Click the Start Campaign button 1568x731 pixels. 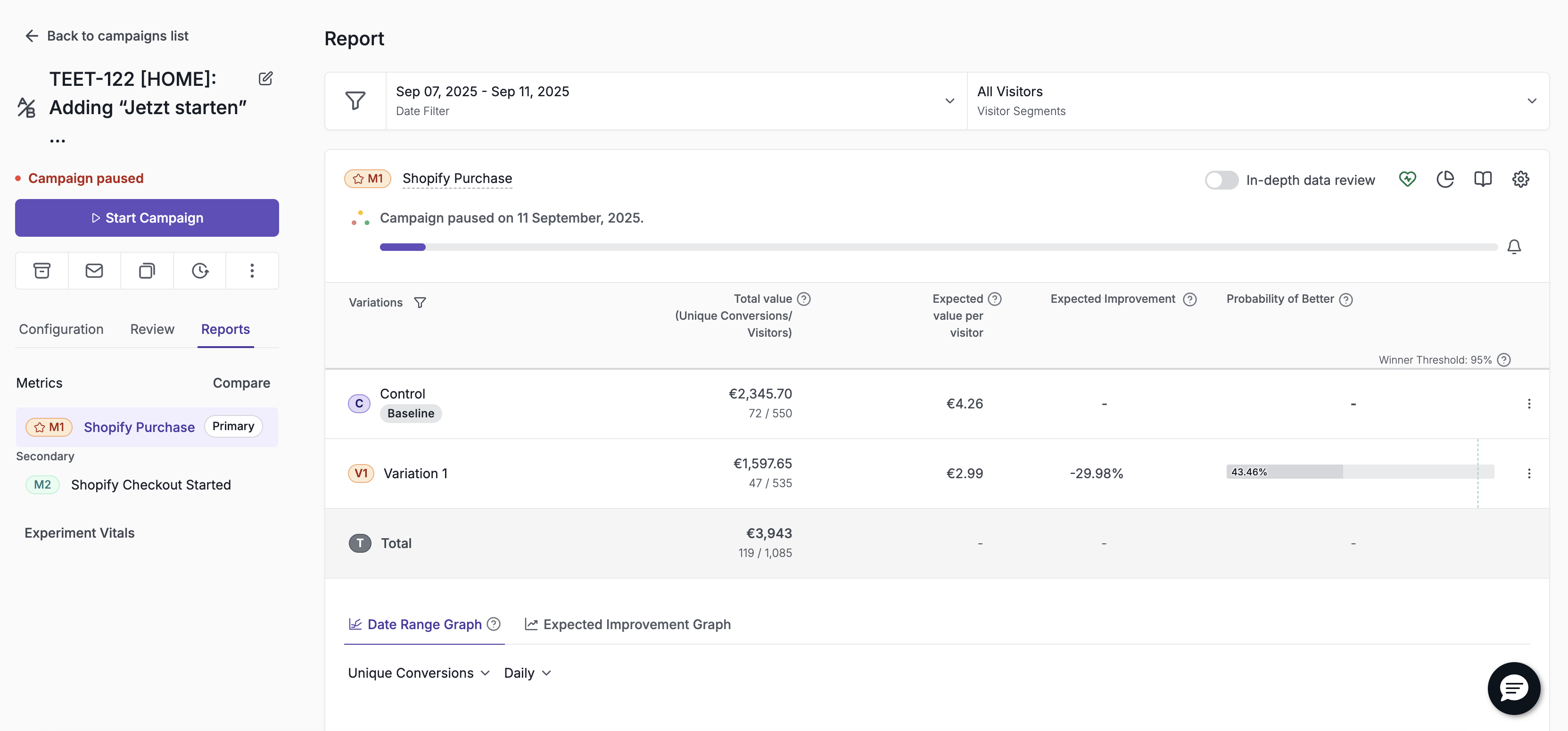point(147,217)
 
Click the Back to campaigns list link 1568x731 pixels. point(107,36)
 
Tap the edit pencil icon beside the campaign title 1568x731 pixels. point(265,79)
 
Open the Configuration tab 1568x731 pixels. point(61,329)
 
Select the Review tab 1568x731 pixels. point(152,329)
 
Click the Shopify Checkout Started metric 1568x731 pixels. point(151,485)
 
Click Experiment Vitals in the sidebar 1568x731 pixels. point(79,533)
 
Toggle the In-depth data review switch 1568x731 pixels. point(1221,180)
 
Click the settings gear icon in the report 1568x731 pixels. point(1520,179)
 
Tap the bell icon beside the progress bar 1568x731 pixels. point(1514,247)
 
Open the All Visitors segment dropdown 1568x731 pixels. point(1258,101)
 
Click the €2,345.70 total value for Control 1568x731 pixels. point(760,394)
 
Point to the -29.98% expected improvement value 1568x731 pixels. point(1096,473)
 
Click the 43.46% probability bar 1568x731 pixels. point(1360,472)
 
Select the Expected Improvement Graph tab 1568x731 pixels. point(628,624)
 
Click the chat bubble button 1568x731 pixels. point(1514,689)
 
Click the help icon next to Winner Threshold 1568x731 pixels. point(1503,360)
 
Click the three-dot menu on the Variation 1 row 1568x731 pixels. point(1528,473)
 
